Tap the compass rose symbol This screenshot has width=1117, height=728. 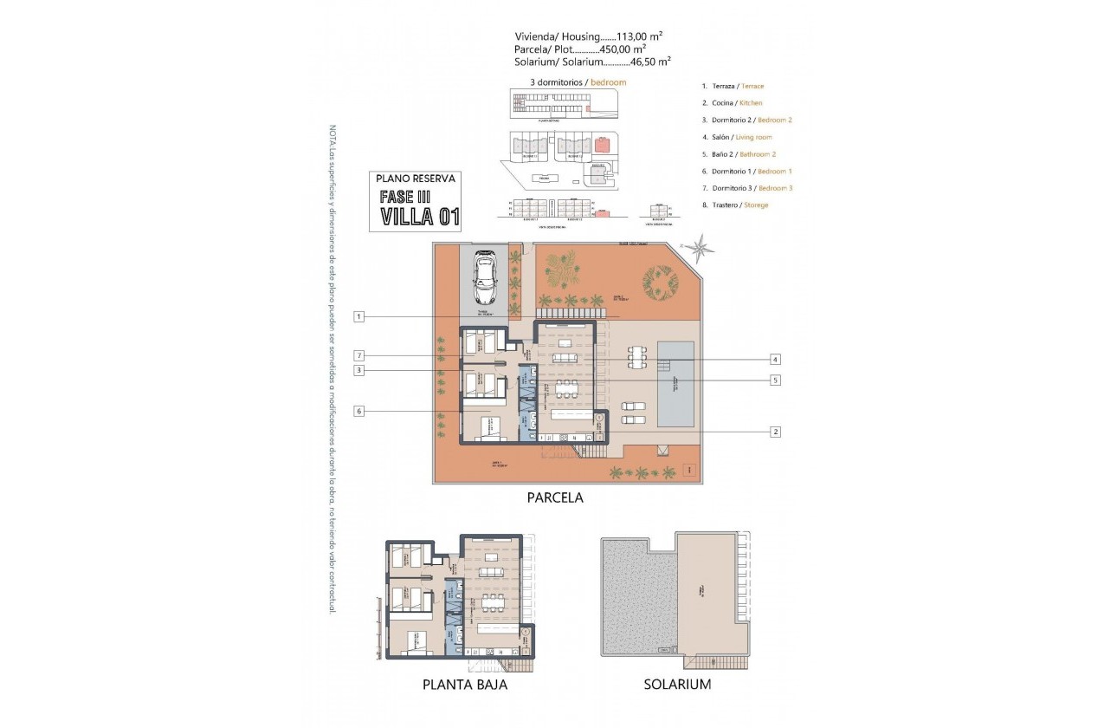click(x=701, y=247)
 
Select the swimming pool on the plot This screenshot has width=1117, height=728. click(x=675, y=383)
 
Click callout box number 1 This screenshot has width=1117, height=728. click(x=358, y=317)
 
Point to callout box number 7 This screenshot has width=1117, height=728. click(x=358, y=355)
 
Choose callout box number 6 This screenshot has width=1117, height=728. click(x=358, y=411)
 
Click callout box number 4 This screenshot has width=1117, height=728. click(x=776, y=359)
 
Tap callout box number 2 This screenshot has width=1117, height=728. click(x=776, y=431)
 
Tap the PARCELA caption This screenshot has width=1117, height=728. click(x=555, y=498)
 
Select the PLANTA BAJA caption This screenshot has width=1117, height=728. click(x=464, y=685)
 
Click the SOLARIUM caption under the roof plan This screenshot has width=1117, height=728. click(x=677, y=685)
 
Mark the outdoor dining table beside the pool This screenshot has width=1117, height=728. click(x=638, y=356)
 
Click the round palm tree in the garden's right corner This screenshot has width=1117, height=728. click(x=661, y=281)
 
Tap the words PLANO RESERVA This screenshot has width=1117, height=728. click(x=416, y=178)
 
